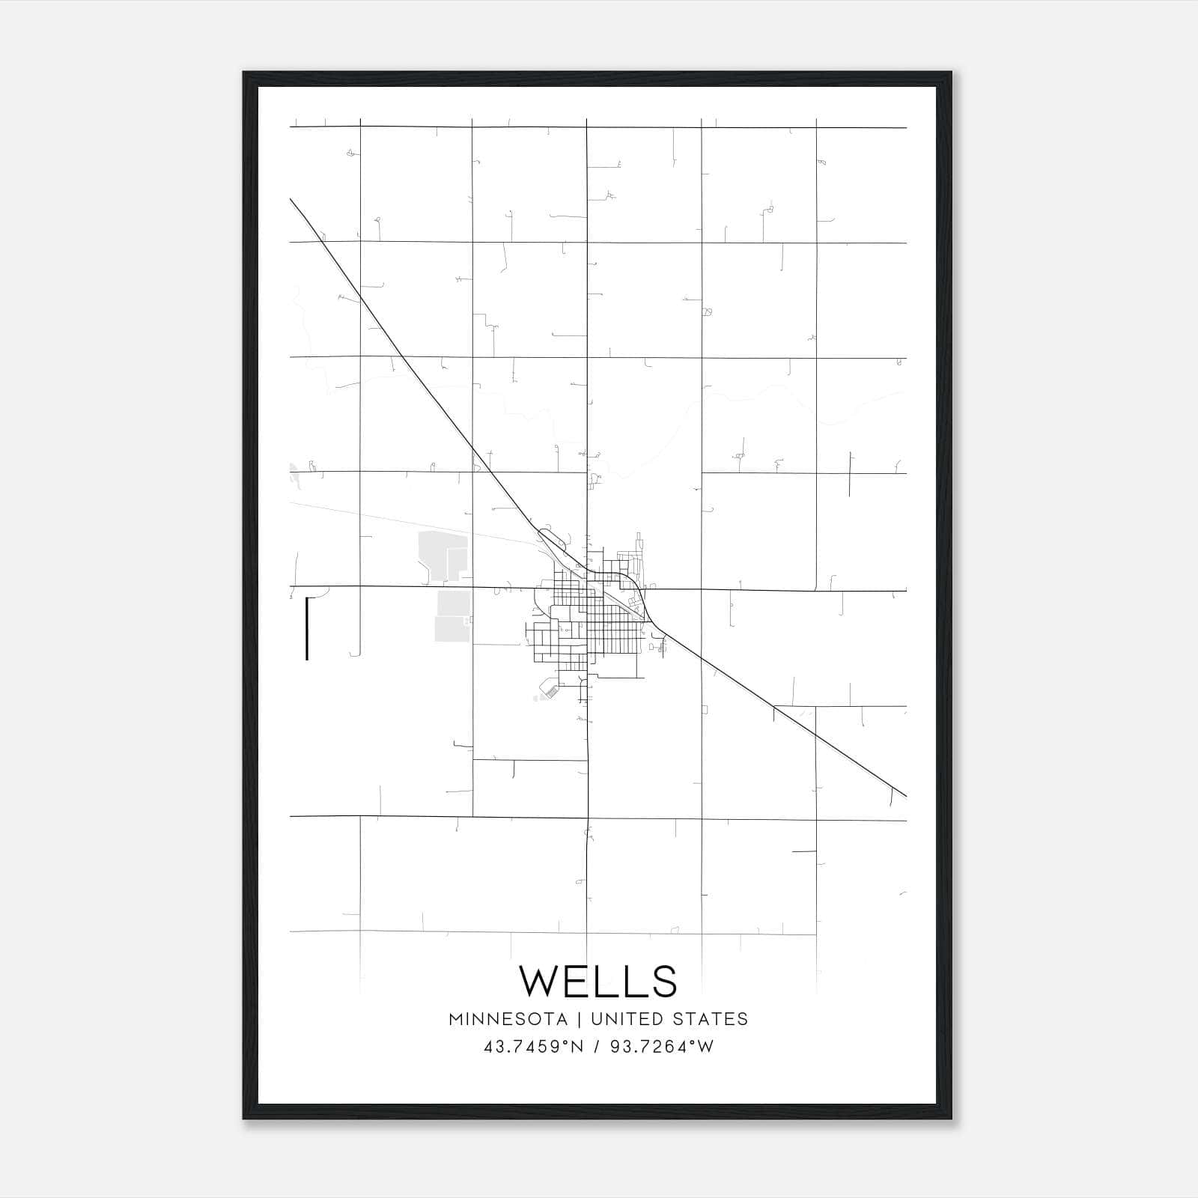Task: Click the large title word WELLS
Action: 598,981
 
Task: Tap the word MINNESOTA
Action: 508,1019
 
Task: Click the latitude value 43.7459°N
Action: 533,1047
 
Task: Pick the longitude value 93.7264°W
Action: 662,1047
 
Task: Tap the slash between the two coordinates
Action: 597,1047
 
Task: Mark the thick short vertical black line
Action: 307,629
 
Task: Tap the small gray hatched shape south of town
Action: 550,690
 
